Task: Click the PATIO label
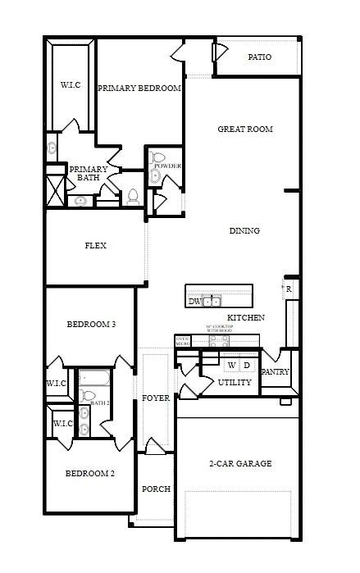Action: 259,57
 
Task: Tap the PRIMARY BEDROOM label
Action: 139,89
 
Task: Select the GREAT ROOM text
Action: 244,130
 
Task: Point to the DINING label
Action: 244,231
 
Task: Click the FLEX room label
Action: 96,245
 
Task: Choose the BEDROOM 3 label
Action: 90,325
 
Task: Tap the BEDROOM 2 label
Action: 89,474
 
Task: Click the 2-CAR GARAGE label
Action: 240,464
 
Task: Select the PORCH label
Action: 156,489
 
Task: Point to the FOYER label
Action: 156,398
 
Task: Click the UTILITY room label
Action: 235,383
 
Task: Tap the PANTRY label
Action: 275,372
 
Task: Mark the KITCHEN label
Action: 245,317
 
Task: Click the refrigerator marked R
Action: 289,289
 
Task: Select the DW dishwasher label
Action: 194,302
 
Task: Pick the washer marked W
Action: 231,365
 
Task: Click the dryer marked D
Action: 247,365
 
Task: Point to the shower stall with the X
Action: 54,190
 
